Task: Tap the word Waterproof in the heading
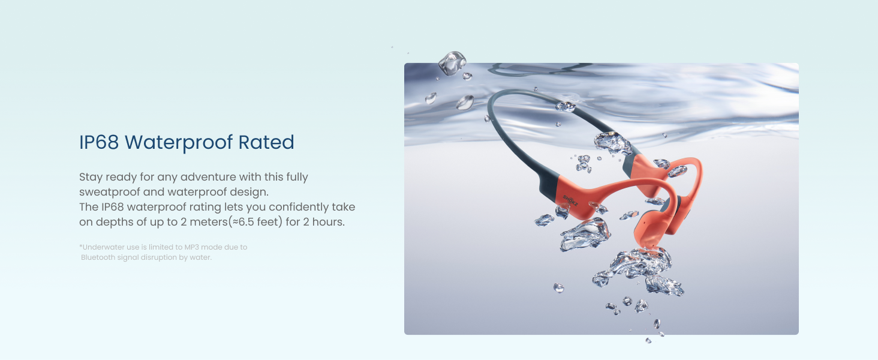click(178, 143)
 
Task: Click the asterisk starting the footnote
click(80, 246)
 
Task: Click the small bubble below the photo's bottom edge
click(648, 340)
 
